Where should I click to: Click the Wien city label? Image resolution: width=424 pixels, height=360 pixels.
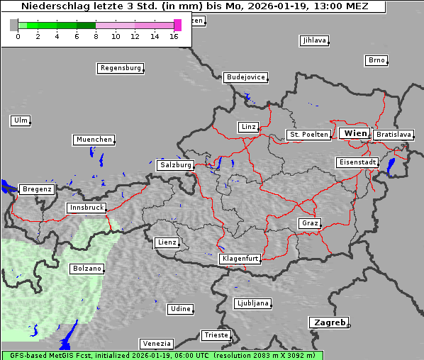pyautogui.click(x=356, y=133)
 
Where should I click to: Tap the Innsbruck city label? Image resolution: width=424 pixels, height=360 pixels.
pyautogui.click(x=86, y=208)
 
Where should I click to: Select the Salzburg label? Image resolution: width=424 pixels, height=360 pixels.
pyautogui.click(x=176, y=164)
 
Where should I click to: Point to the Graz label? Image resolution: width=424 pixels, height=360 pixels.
pyautogui.click(x=310, y=223)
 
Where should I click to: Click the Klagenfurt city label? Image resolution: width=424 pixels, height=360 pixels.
pyautogui.click(x=240, y=259)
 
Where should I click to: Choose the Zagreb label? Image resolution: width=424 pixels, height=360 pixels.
pyautogui.click(x=329, y=322)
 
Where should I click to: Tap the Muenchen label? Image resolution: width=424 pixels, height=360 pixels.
pyautogui.click(x=94, y=140)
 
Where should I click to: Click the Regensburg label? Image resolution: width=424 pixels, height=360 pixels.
pyautogui.click(x=121, y=68)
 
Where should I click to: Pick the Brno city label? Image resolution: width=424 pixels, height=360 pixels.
pyautogui.click(x=376, y=60)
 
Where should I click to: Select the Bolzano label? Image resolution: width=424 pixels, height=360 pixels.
pyautogui.click(x=87, y=269)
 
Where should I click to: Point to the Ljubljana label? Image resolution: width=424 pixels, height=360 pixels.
pyautogui.click(x=252, y=303)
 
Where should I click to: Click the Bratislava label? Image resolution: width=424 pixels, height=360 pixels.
pyautogui.click(x=394, y=134)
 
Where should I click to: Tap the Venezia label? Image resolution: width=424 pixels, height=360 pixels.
pyautogui.click(x=156, y=343)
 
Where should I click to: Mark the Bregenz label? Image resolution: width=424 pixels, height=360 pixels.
pyautogui.click(x=37, y=189)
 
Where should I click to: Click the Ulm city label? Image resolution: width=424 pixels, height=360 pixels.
pyautogui.click(x=21, y=120)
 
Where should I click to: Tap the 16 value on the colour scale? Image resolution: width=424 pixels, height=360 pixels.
pyautogui.click(x=174, y=35)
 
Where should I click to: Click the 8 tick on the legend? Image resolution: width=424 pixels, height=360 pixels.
pyautogui.click(x=96, y=35)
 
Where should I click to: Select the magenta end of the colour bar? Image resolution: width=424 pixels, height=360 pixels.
pyautogui.click(x=178, y=25)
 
